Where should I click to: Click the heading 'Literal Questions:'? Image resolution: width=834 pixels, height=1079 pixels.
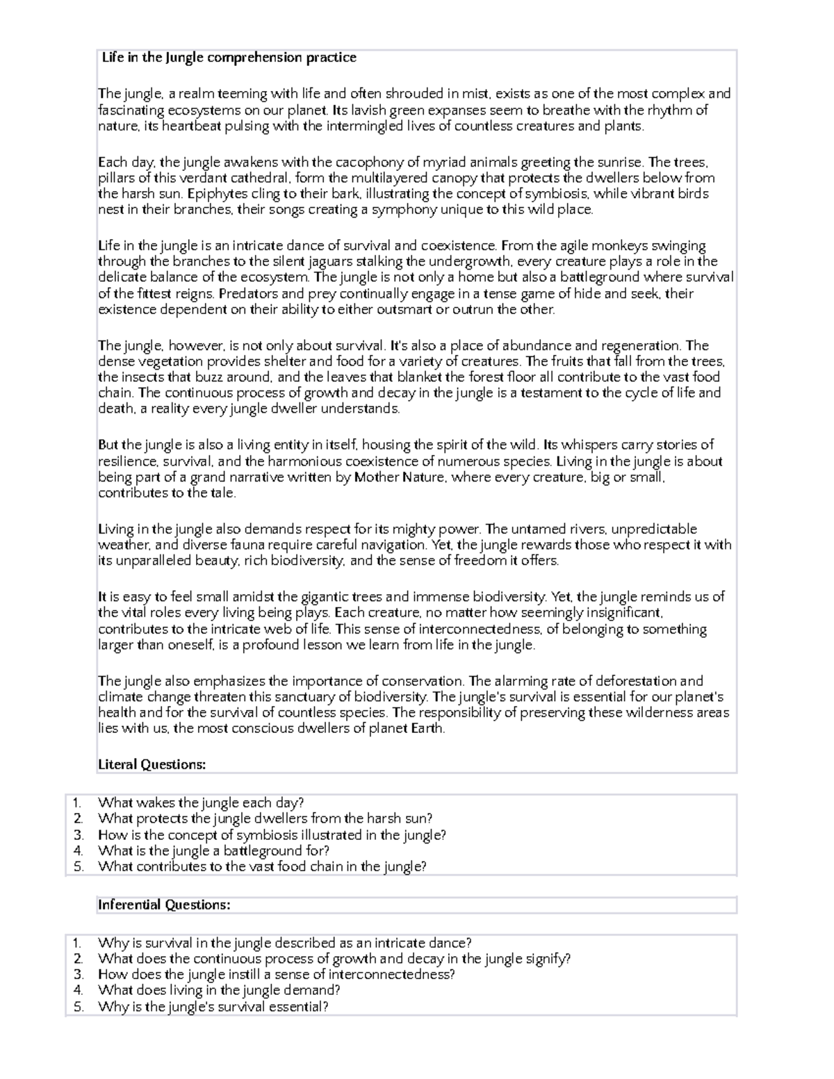(x=152, y=764)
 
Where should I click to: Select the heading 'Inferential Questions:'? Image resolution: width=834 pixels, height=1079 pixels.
(x=163, y=905)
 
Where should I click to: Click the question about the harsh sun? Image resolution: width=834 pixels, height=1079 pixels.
(x=265, y=818)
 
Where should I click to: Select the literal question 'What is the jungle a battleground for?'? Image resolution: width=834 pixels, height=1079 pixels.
(x=213, y=850)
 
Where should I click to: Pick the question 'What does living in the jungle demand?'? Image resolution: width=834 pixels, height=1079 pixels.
(x=219, y=990)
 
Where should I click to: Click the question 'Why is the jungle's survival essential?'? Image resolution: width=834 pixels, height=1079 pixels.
(x=213, y=1006)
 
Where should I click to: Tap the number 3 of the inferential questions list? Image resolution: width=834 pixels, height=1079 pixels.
(x=78, y=974)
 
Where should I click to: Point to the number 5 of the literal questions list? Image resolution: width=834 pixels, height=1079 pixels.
(x=78, y=866)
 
